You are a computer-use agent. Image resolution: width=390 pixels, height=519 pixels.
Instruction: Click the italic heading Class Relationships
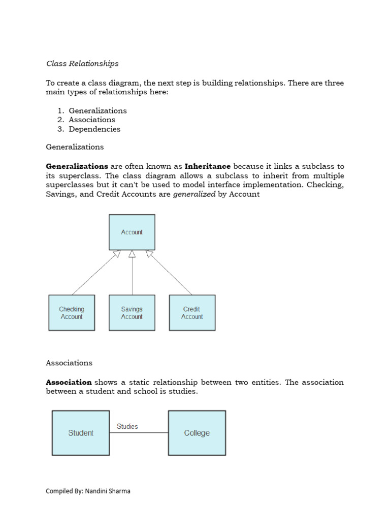[82, 63]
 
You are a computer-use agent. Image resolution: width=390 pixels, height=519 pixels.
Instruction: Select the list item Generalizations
[97, 110]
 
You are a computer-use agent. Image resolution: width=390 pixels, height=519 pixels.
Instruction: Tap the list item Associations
[92, 120]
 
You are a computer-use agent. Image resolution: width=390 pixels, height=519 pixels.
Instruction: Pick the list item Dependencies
[94, 129]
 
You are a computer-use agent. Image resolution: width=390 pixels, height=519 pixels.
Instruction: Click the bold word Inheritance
[208, 166]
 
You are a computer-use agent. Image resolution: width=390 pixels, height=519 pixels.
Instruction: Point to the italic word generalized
[194, 194]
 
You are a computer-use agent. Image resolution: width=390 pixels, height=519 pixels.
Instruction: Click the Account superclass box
[132, 232]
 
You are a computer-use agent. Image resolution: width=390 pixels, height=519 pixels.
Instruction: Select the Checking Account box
[72, 313]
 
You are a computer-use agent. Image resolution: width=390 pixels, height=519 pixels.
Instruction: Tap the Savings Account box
[132, 313]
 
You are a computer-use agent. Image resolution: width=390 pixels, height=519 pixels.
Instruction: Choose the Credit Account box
[192, 313]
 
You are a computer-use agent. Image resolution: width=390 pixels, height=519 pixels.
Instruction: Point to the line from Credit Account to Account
[170, 273]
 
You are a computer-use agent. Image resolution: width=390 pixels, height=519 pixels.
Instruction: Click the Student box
[81, 433]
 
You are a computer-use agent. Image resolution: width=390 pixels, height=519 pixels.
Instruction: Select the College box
[197, 433]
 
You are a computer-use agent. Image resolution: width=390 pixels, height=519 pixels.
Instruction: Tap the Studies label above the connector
[127, 426]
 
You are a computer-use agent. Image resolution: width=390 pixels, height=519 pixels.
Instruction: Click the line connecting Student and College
[139, 433]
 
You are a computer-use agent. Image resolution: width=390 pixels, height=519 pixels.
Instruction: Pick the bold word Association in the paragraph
[69, 382]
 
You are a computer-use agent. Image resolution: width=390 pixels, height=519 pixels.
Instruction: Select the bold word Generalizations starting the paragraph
[77, 166]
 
